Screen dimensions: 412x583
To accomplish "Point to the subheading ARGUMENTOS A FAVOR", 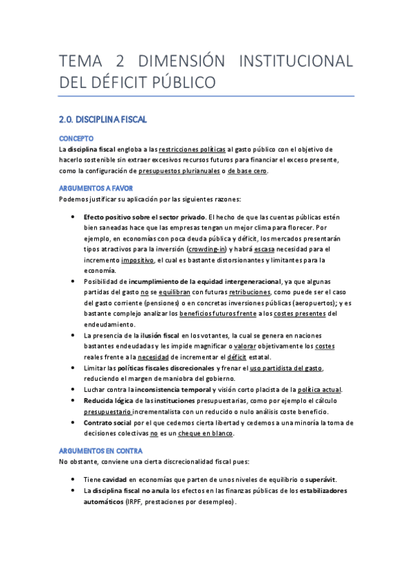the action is tap(96, 188).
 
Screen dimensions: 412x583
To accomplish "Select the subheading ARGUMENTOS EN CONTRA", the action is tap(100, 450).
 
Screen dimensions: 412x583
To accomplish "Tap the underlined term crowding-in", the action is tap(208, 249).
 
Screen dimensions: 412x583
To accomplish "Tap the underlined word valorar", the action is tap(246, 346).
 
